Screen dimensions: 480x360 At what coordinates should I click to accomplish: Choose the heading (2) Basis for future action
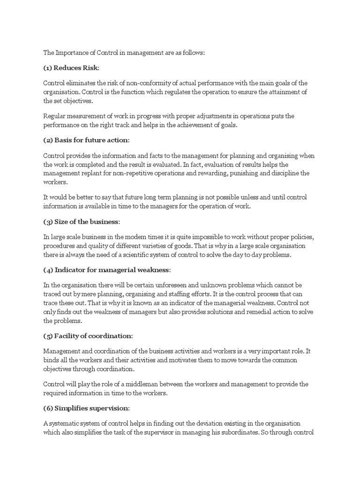pos(86,140)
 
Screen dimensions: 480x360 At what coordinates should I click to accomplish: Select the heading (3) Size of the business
pos(81,222)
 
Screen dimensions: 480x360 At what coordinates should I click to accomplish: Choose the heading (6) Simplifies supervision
pos(87,408)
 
